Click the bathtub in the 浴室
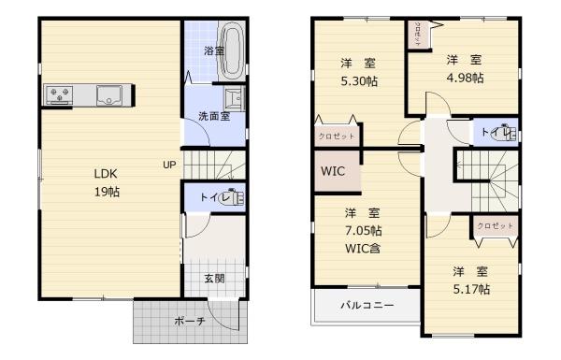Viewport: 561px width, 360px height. (x=236, y=51)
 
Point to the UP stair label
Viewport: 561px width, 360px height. (x=168, y=166)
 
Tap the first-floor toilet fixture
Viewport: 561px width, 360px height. (x=234, y=197)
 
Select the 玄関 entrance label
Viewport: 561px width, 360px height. (x=214, y=278)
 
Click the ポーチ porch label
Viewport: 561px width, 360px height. (x=190, y=321)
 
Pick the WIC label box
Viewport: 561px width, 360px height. (x=333, y=172)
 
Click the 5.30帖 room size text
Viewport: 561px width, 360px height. (x=358, y=81)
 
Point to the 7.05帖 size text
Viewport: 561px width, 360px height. (x=363, y=229)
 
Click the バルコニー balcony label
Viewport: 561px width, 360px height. (x=367, y=305)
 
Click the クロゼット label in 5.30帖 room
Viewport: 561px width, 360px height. (x=336, y=135)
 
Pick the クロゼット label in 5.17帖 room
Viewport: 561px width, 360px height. (x=496, y=226)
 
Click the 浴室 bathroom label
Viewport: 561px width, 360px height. (x=214, y=50)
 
